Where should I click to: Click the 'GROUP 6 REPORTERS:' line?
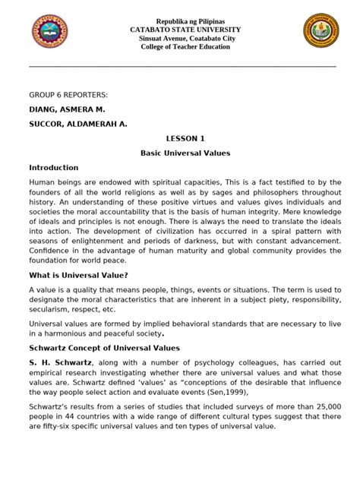pyautogui.click(x=68, y=94)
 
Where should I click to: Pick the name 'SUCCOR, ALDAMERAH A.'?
pyautogui.click(x=78, y=124)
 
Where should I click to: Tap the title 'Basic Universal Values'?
pyautogui.click(x=185, y=153)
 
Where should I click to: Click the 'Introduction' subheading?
pyautogui.click(x=54, y=167)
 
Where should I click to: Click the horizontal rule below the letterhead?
pyautogui.click(x=182, y=66)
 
